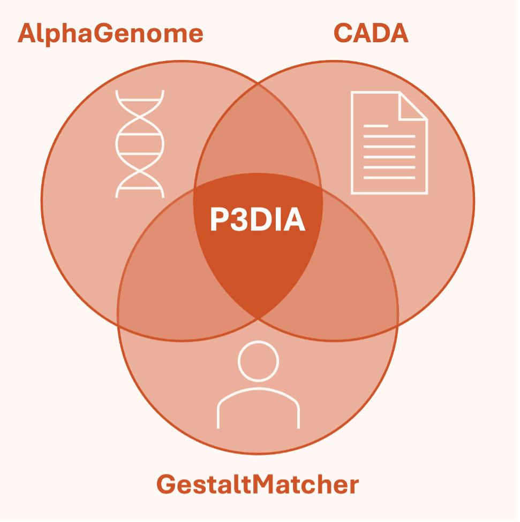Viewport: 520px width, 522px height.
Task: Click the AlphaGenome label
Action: click(110, 33)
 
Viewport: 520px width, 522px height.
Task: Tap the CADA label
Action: click(371, 33)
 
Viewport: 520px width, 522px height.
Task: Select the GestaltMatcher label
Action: click(258, 485)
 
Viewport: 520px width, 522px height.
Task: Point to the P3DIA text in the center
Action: click(258, 220)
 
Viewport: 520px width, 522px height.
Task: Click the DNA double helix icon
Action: click(140, 144)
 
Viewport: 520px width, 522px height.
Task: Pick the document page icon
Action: click(389, 143)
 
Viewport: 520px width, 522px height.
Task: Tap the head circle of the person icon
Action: click(258, 361)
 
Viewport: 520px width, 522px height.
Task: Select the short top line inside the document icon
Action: click(375, 126)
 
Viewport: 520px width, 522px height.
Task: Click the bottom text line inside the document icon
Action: click(389, 177)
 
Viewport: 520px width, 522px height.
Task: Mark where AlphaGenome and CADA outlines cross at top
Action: click(258, 83)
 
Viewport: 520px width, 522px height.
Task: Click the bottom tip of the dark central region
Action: click(258, 319)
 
